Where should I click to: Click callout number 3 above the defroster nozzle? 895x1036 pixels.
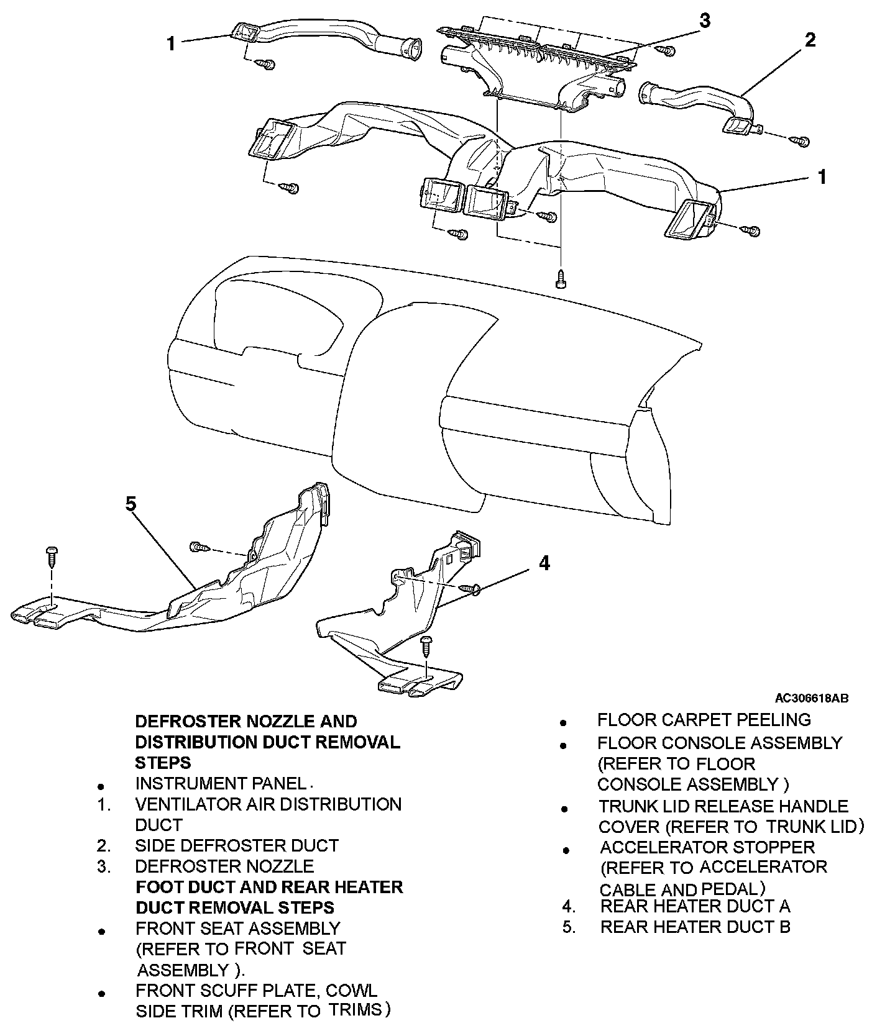pyautogui.click(x=704, y=20)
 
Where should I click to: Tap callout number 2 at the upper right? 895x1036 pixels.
pyautogui.click(x=809, y=40)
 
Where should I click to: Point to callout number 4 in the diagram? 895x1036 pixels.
pyautogui.click(x=544, y=563)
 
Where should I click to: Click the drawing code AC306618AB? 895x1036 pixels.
pyautogui.click(x=811, y=698)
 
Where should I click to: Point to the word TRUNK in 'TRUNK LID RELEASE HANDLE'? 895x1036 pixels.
pyautogui.click(x=626, y=806)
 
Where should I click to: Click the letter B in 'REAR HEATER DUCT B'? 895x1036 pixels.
pyautogui.click(x=784, y=927)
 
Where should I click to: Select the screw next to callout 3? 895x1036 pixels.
pyautogui.click(x=668, y=50)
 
